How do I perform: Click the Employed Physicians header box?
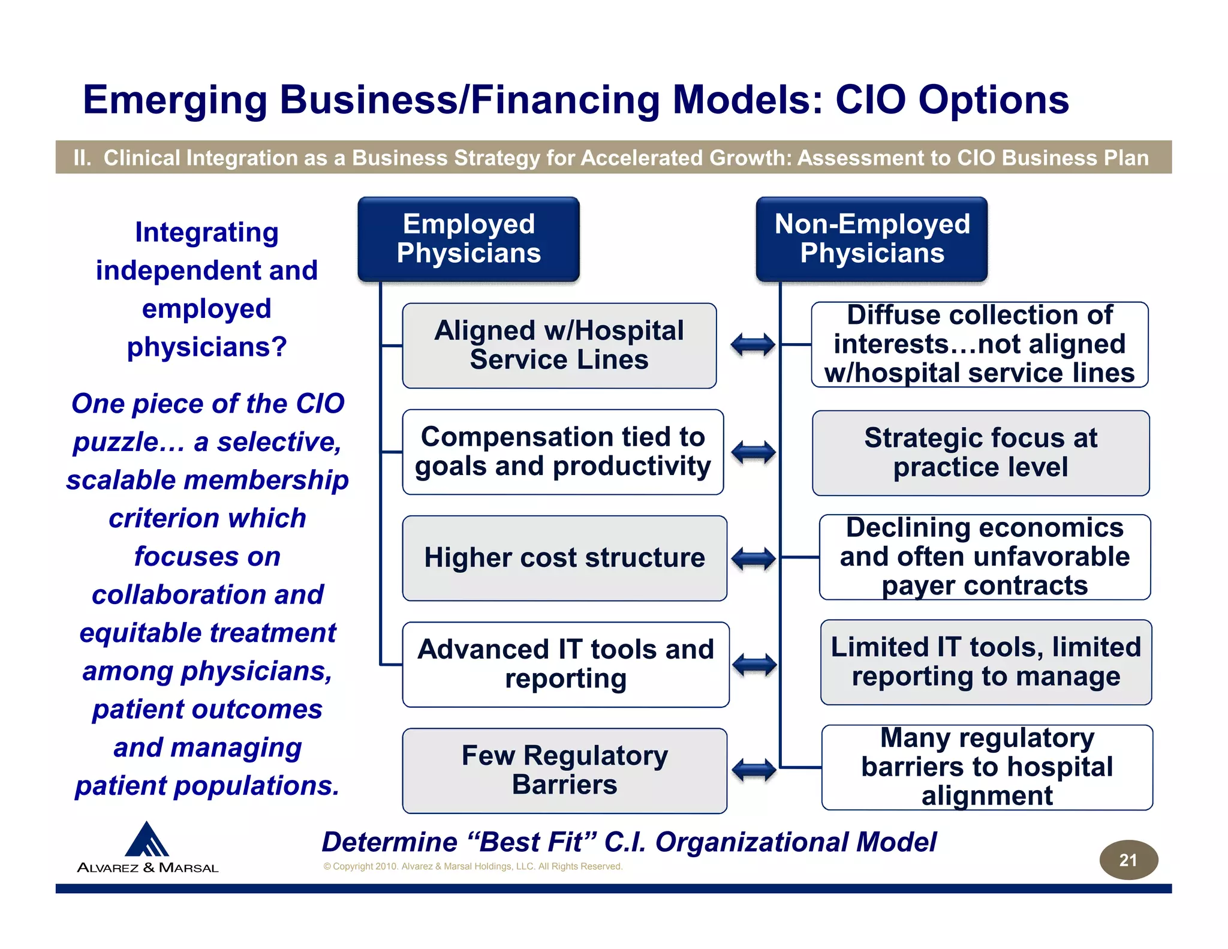click(468, 239)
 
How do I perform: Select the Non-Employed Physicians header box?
click(871, 239)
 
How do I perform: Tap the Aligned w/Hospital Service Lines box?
click(559, 346)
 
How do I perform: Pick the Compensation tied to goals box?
click(562, 452)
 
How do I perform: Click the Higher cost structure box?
click(564, 558)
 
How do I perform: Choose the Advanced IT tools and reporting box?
click(565, 664)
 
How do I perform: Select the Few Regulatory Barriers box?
click(564, 770)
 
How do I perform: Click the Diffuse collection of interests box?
click(979, 344)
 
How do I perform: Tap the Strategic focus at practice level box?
click(980, 453)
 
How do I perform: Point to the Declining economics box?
click(985, 557)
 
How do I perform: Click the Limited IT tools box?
click(986, 662)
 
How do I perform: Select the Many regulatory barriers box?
click(987, 767)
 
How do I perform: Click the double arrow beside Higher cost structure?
click(754, 559)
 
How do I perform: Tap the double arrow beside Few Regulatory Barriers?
click(754, 770)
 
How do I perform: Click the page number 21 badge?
click(1128, 860)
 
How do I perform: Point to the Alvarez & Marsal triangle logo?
click(147, 839)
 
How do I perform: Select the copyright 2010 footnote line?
click(472, 866)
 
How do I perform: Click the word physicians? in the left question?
click(207, 347)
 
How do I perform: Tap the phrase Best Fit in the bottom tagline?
click(530, 842)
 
